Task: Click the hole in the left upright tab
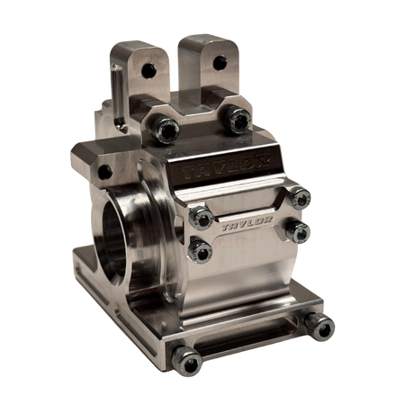coord(148,70)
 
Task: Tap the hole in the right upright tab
coord(220,63)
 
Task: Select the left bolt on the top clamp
coord(166,130)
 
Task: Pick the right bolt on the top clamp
coord(238,120)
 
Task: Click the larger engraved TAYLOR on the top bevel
coord(225,166)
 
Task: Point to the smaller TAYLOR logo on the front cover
coord(247,223)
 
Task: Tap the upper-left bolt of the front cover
coord(202,218)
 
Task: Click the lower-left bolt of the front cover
coord(200,250)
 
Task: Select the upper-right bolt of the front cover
coord(299,198)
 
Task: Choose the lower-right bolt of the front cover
coord(297,231)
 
